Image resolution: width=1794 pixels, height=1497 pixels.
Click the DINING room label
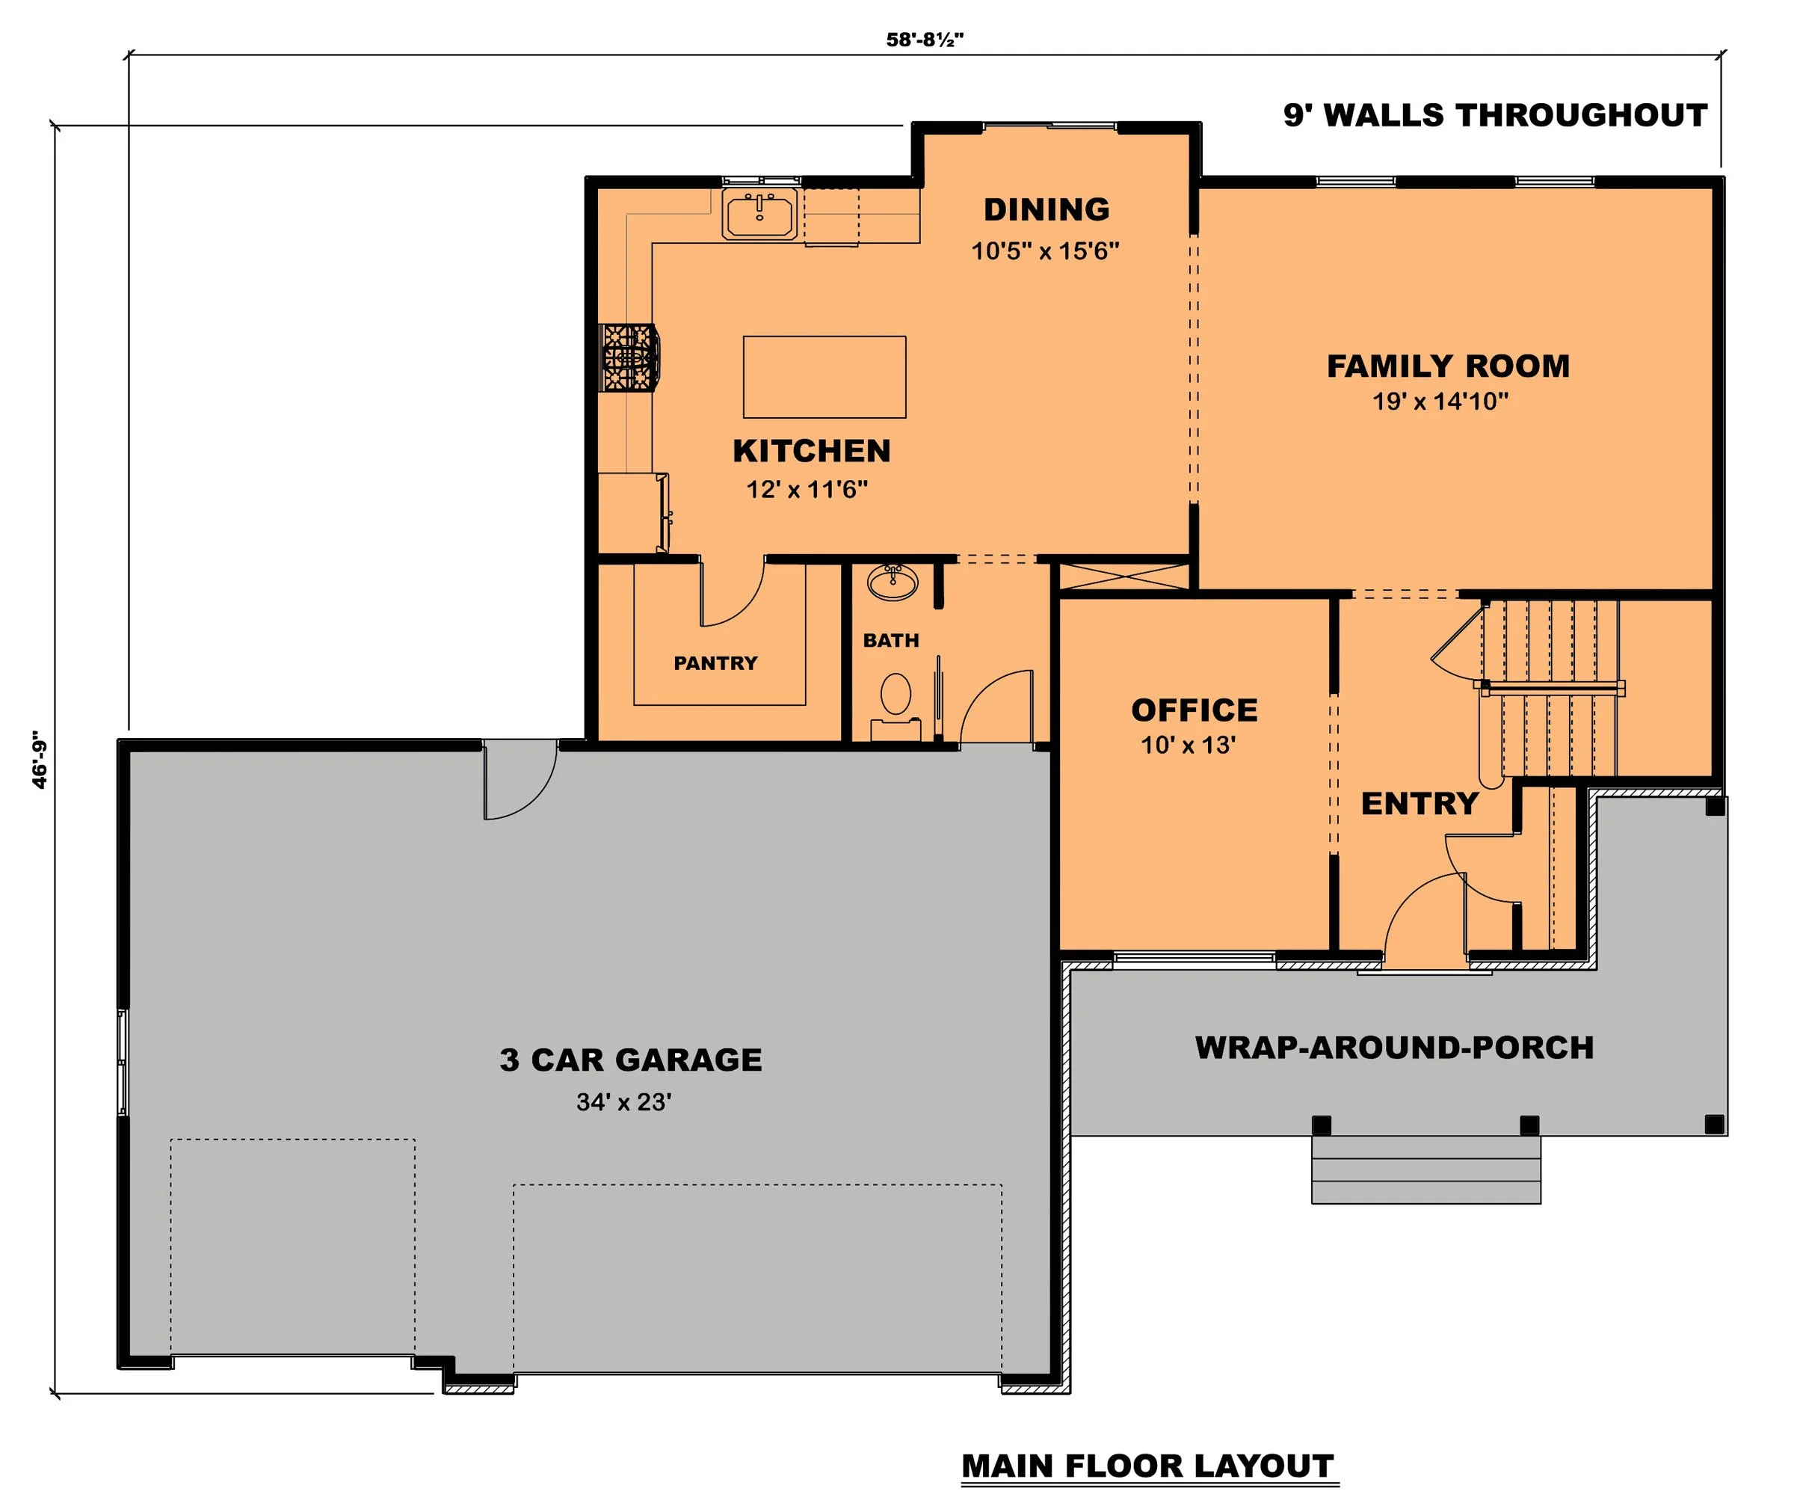[1046, 209]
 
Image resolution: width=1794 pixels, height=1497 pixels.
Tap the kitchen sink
[759, 214]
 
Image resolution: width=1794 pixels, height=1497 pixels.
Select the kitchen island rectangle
[824, 377]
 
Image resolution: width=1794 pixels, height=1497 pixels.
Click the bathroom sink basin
[893, 582]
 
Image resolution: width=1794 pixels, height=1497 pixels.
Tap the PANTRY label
[715, 663]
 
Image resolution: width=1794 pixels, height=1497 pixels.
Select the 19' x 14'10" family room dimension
[1440, 401]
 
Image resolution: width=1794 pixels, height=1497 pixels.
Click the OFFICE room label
[1195, 710]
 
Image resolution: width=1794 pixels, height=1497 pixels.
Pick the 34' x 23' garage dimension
[623, 1102]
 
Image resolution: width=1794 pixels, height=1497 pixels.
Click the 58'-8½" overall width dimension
[925, 40]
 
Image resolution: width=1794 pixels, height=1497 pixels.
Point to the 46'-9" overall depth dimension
[40, 759]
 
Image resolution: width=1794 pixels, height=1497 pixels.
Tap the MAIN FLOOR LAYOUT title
[1147, 1466]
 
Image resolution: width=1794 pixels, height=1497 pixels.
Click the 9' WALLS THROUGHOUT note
[1495, 115]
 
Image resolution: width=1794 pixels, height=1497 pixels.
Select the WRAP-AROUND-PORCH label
[1394, 1048]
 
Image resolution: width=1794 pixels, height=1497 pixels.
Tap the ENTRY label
[1419, 803]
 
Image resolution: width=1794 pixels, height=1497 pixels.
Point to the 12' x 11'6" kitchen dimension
[807, 490]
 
